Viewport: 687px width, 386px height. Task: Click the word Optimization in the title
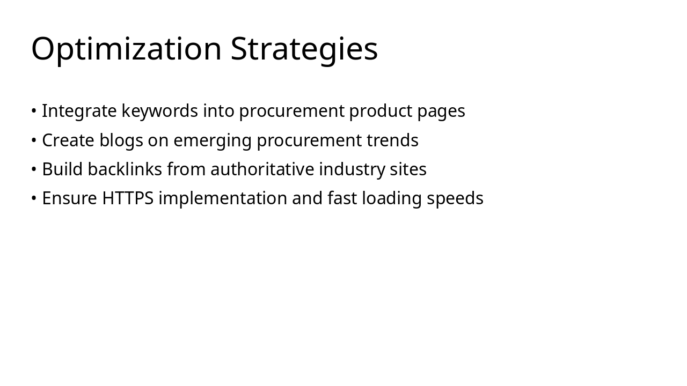click(126, 49)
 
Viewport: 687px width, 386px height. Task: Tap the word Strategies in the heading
click(304, 49)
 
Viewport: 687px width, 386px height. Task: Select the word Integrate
click(79, 111)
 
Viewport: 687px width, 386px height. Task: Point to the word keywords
click(159, 111)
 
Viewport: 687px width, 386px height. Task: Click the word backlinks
click(125, 169)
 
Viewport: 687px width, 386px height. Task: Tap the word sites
click(408, 169)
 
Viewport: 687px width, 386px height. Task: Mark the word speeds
click(455, 199)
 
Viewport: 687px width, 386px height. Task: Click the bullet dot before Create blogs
click(34, 140)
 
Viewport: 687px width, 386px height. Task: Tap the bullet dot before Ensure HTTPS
click(34, 198)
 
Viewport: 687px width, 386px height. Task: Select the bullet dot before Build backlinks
click(34, 169)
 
